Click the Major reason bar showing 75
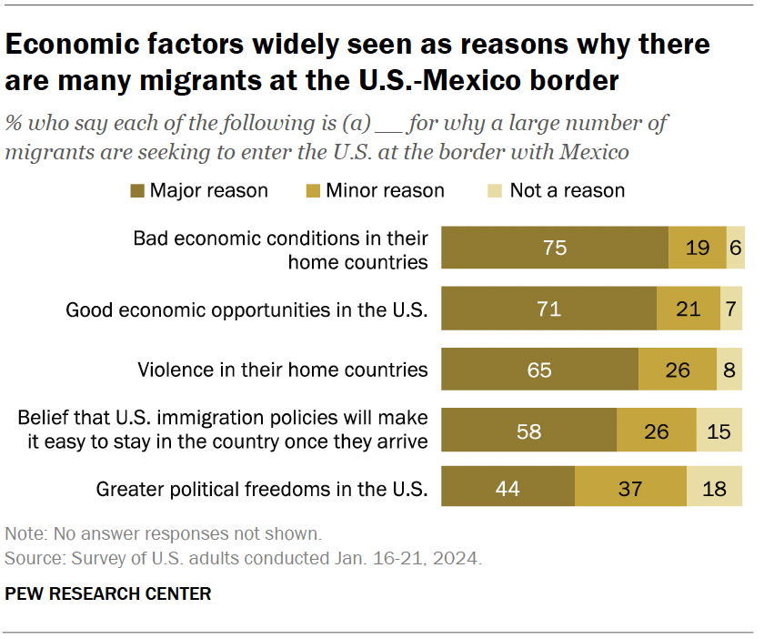tap(555, 248)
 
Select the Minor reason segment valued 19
tap(698, 248)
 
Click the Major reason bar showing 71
tap(548, 309)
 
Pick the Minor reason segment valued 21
tap(689, 309)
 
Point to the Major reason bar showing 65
tap(539, 370)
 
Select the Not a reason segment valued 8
tap(729, 370)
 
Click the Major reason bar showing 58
tap(528, 431)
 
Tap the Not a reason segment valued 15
tap(719, 431)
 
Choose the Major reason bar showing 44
tap(508, 490)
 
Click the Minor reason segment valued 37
tap(630, 490)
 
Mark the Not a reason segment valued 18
tap(715, 490)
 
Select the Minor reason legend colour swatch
tap(312, 190)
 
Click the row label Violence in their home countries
tap(282, 370)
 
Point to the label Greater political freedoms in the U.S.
tap(261, 490)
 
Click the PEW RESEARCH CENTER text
tap(108, 593)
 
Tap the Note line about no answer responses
tap(163, 533)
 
